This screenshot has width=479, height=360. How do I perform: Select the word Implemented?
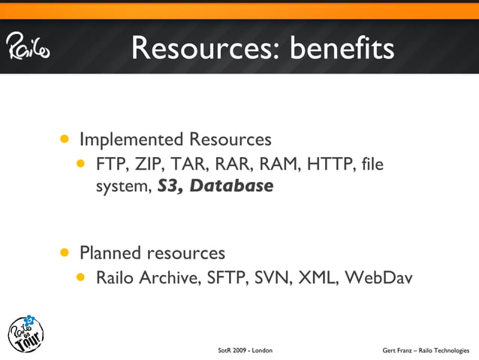(x=131, y=140)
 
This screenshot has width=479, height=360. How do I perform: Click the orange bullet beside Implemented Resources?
(x=66, y=139)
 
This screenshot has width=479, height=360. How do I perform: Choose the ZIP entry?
(x=148, y=163)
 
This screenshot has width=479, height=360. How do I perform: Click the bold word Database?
(x=231, y=186)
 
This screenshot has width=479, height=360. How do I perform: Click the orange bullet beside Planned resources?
(x=66, y=252)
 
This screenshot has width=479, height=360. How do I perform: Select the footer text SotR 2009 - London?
(x=245, y=351)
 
